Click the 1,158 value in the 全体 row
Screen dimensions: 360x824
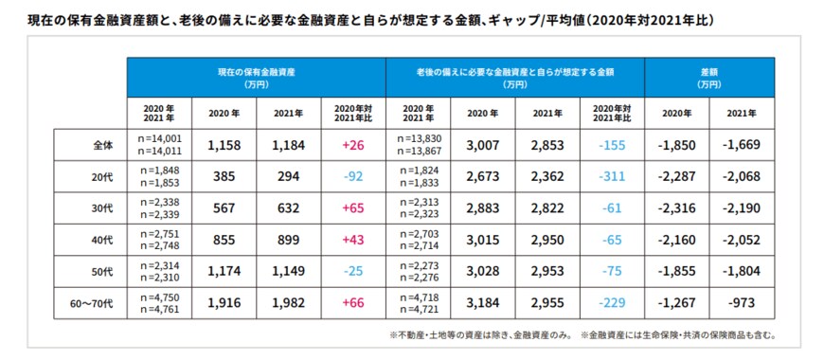coord(225,146)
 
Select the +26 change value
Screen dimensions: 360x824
coord(354,146)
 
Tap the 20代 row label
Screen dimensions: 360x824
coord(103,176)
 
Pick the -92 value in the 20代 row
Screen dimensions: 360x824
coord(354,176)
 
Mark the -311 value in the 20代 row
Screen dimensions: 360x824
coord(612,176)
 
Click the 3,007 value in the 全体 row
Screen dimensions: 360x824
coord(483,146)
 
